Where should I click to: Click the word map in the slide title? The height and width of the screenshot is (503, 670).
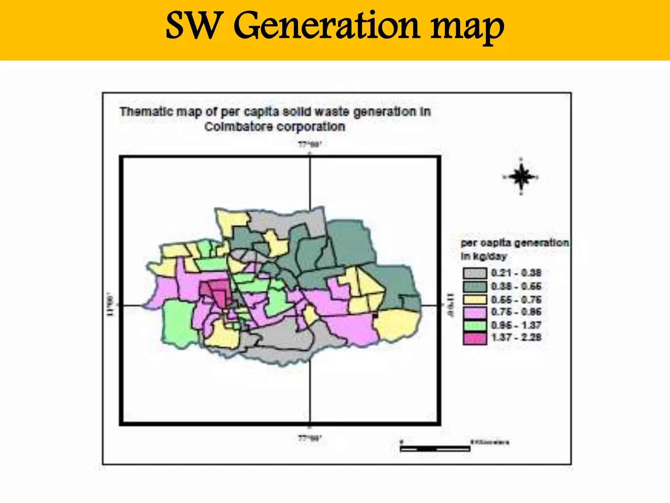click(467, 28)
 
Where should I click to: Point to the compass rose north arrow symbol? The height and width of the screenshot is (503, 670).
click(521, 177)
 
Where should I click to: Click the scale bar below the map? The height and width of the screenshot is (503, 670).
click(435, 449)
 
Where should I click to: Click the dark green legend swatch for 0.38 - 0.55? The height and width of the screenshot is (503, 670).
click(474, 286)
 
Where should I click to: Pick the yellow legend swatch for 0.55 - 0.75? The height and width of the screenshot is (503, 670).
click(474, 299)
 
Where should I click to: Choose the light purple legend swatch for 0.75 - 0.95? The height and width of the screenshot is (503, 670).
click(474, 312)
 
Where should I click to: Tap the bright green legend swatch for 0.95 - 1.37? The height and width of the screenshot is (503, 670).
click(474, 325)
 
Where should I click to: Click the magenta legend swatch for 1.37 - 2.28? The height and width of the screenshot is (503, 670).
click(474, 338)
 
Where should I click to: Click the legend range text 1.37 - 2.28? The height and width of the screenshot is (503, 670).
click(516, 337)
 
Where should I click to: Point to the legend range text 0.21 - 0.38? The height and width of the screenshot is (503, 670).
click(516, 273)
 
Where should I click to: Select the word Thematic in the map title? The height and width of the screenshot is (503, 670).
click(146, 112)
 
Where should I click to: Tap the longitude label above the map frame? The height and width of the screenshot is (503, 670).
click(310, 144)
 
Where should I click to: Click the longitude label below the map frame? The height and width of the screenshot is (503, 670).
click(310, 438)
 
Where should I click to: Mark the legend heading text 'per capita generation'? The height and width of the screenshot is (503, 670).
click(514, 243)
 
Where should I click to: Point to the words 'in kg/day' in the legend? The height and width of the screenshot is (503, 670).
click(484, 256)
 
